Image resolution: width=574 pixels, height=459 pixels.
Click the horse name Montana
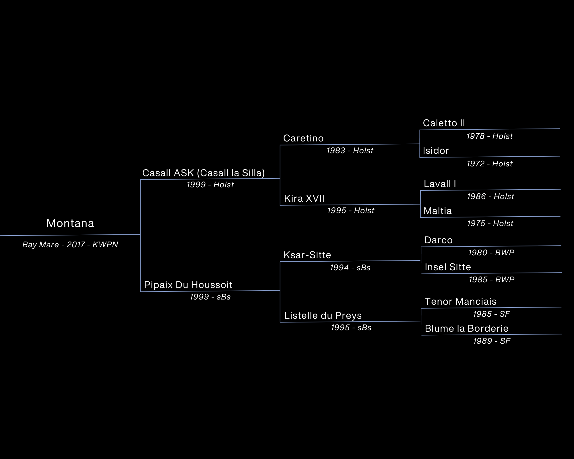(x=70, y=223)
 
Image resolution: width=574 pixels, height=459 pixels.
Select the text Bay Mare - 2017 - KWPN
(x=70, y=245)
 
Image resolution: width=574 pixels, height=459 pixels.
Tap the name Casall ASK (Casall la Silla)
(x=203, y=173)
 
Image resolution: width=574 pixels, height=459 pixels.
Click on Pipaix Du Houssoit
(x=188, y=285)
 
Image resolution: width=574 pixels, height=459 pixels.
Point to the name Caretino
(x=303, y=138)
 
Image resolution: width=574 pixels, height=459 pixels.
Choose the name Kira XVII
(x=304, y=199)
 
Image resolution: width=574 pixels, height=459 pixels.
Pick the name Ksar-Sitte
(x=307, y=255)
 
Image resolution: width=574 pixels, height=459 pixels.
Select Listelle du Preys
(x=323, y=316)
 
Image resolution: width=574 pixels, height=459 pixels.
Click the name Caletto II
(x=444, y=123)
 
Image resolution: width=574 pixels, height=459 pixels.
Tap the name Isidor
(x=436, y=151)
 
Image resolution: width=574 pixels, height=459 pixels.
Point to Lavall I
(x=440, y=184)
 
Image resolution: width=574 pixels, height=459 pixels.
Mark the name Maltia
(x=438, y=211)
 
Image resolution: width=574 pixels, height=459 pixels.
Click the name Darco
(x=439, y=240)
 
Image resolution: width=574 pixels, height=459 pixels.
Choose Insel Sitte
(x=448, y=267)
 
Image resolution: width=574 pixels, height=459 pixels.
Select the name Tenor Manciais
(x=461, y=302)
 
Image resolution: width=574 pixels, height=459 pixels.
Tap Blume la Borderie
(x=467, y=328)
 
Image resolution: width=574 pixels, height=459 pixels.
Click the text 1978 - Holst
(x=490, y=136)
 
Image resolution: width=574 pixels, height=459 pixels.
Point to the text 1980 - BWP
(x=491, y=253)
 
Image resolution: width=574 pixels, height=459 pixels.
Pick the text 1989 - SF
(x=492, y=341)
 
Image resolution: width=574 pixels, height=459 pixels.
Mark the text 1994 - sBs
(x=350, y=268)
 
